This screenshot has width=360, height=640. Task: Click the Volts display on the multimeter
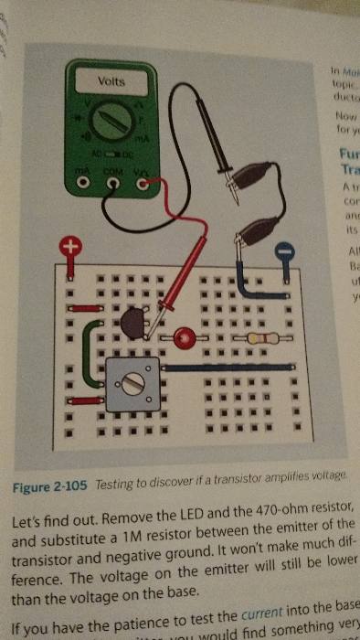(111, 81)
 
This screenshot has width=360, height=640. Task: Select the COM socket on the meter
(113, 183)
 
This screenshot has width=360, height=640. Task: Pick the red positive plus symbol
(69, 247)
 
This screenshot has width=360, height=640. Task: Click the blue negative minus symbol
(284, 249)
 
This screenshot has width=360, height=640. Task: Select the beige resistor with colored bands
(257, 339)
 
